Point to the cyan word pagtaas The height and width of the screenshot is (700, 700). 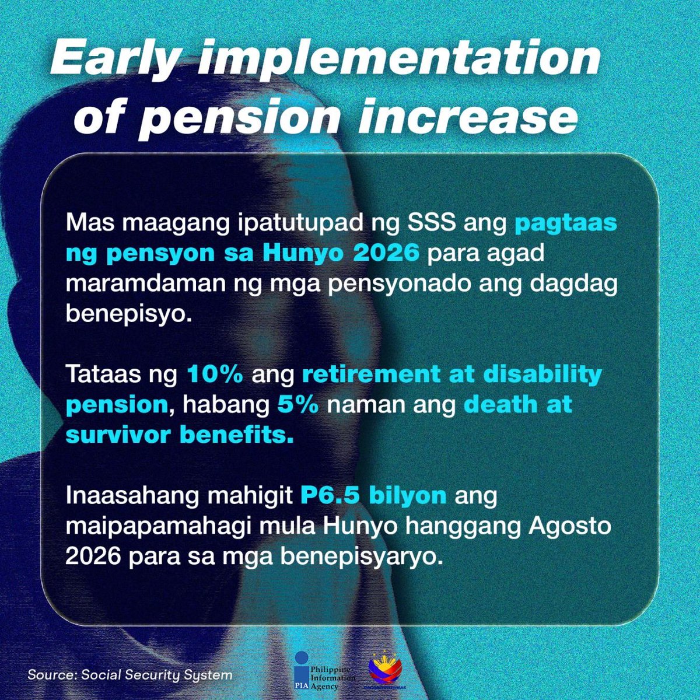point(565,223)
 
